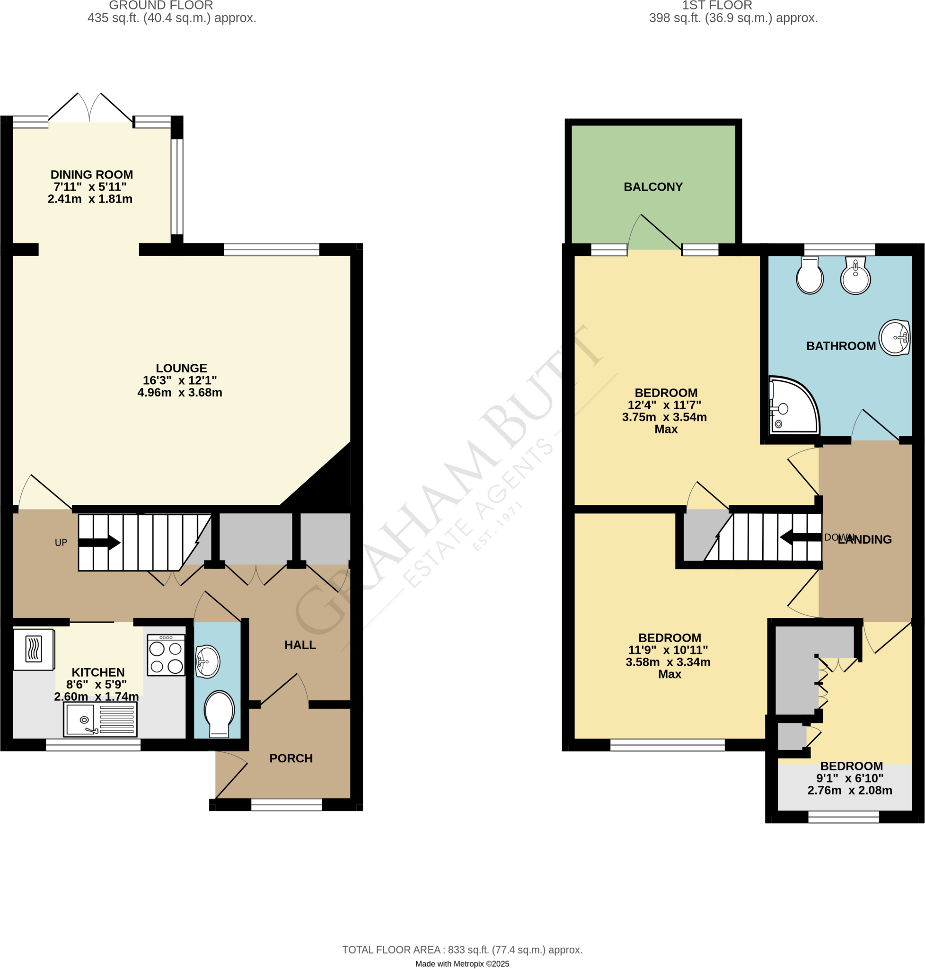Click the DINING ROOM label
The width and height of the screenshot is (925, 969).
92,175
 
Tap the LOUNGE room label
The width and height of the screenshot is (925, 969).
181,368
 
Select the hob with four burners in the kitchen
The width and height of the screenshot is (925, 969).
166,654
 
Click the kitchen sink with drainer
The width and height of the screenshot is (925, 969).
100,719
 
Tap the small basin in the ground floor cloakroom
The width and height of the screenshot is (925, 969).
208,661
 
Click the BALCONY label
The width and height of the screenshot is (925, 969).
653,187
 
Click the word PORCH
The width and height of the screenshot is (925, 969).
291,758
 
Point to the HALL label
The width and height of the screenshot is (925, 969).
300,644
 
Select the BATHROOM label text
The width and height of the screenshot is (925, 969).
841,346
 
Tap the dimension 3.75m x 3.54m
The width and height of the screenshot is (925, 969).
664,417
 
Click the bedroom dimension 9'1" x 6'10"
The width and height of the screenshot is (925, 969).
850,778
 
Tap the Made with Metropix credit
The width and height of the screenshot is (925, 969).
462,964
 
